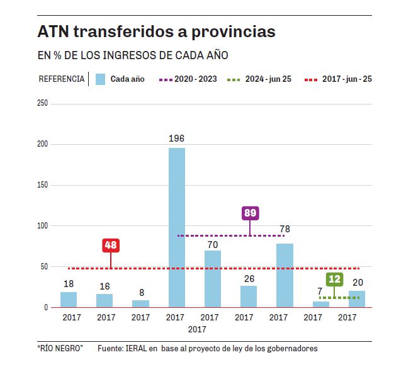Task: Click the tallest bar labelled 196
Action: coord(177,227)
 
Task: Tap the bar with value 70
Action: coord(213,279)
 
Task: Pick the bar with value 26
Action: coord(249,296)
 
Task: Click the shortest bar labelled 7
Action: coord(321,305)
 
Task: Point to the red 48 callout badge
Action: coord(111,246)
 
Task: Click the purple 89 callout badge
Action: coord(250,213)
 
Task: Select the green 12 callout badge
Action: coord(334,279)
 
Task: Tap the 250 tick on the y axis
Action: coord(43,103)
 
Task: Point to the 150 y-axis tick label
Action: coord(43,185)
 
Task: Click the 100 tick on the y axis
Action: coord(43,226)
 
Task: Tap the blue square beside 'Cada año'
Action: coord(100,79)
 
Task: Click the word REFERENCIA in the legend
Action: coord(62,79)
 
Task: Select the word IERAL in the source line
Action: coord(142,349)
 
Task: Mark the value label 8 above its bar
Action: coord(142,292)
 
